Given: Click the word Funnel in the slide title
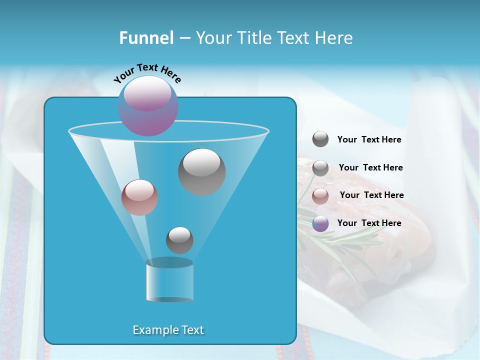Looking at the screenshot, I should pyautogui.click(x=146, y=38).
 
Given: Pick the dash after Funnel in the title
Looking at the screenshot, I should pyautogui.click(x=184, y=38).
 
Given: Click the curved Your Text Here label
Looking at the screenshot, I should pyautogui.click(x=147, y=73).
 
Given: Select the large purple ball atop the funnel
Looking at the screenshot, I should pyautogui.click(x=148, y=105).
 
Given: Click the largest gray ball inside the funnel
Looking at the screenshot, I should pyautogui.click(x=202, y=171).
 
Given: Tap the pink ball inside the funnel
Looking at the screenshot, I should pyautogui.click(x=139, y=197).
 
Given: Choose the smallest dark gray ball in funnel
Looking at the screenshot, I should pyautogui.click(x=179, y=240).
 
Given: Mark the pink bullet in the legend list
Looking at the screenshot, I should pyautogui.click(x=320, y=196).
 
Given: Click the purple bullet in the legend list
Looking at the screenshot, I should pyautogui.click(x=320, y=223).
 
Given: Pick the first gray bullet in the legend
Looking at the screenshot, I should pyautogui.click(x=320, y=139).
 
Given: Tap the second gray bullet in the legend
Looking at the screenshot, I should pyautogui.click(x=320, y=168).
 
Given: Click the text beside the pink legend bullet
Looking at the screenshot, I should pyautogui.click(x=372, y=195).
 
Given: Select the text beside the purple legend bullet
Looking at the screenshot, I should pyautogui.click(x=369, y=223).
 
